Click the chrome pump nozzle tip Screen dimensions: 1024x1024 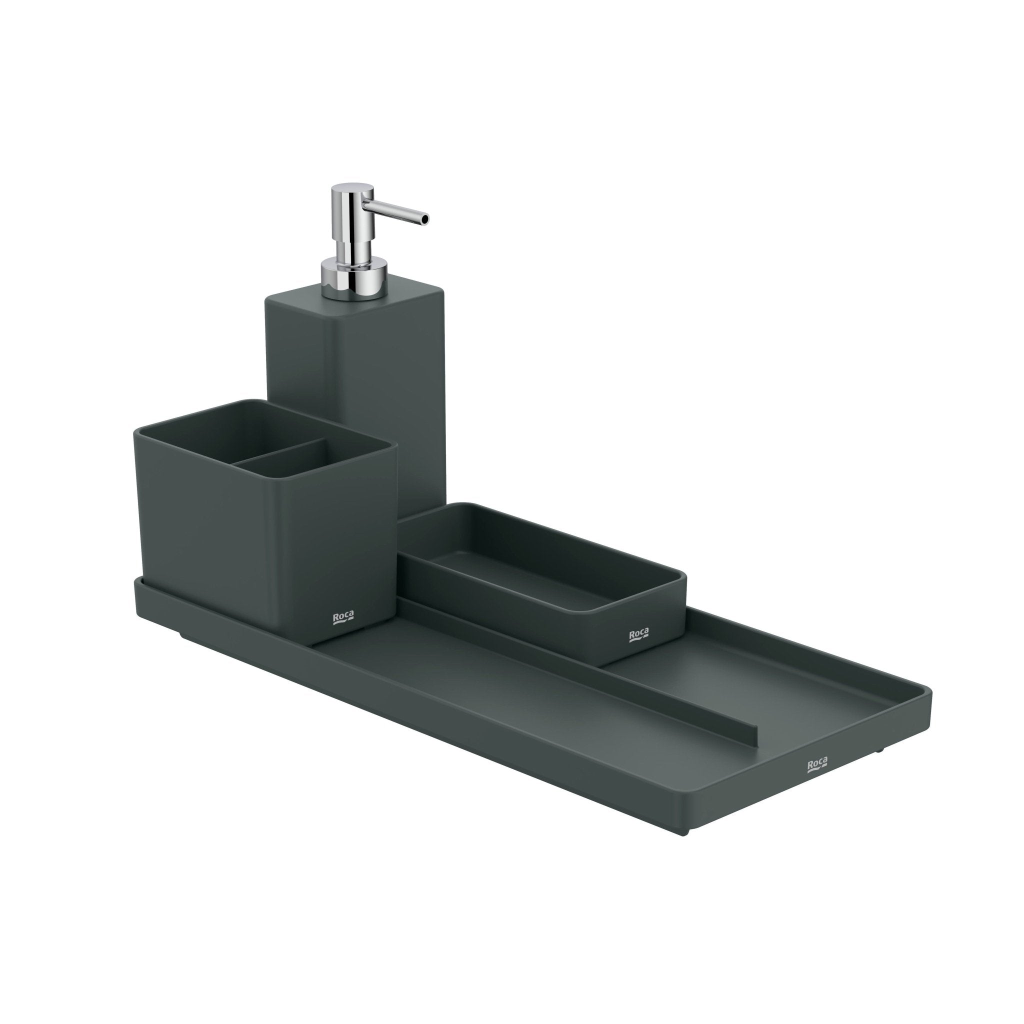pyautogui.click(x=425, y=218)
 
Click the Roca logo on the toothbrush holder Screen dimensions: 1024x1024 pyautogui.click(x=343, y=618)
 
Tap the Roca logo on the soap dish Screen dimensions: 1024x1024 pyautogui.click(x=638, y=635)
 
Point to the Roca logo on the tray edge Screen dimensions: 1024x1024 pyautogui.click(x=817, y=765)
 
